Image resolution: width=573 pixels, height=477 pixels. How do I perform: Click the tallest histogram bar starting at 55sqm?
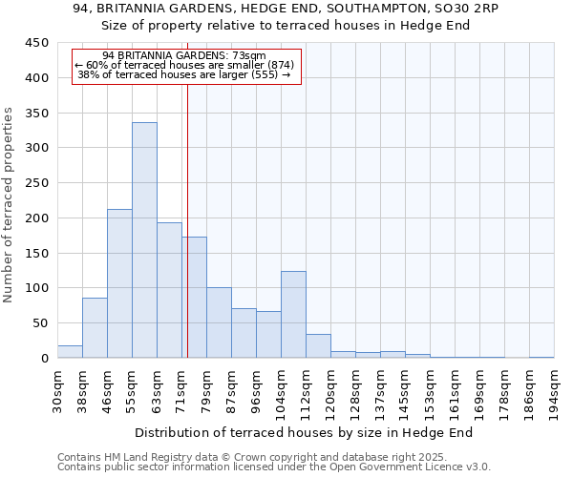(x=144, y=240)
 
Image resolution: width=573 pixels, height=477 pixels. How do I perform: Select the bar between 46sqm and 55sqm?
(x=119, y=283)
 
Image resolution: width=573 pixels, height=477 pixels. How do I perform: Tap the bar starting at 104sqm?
(x=293, y=315)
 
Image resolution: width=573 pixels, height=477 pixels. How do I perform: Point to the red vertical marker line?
(x=187, y=238)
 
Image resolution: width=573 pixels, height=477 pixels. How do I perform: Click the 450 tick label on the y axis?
(x=36, y=43)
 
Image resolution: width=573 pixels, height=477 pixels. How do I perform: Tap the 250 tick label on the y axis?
(x=36, y=183)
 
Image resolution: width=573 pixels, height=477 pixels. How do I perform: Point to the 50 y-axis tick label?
(x=40, y=323)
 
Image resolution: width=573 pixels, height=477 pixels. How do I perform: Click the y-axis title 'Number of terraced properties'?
(x=10, y=205)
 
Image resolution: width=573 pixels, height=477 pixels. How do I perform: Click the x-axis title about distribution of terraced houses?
(x=310, y=433)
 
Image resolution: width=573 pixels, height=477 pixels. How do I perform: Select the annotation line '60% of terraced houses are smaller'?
(x=184, y=65)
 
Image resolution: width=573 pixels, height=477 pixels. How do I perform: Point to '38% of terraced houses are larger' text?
(x=183, y=74)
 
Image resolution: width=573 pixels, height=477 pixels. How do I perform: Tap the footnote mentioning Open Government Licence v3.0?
(x=274, y=467)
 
